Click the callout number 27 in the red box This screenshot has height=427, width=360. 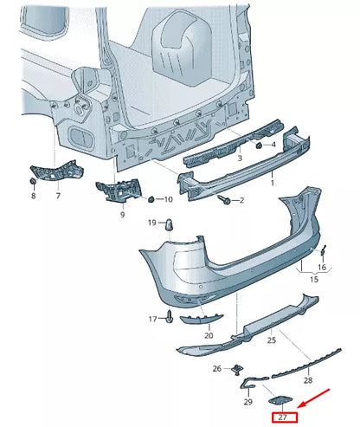click(x=283, y=417)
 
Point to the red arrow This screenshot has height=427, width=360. click(x=313, y=398)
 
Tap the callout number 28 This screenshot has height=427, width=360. click(x=308, y=380)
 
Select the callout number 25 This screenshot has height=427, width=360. click(x=272, y=340)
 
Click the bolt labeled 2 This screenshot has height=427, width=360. click(x=224, y=198)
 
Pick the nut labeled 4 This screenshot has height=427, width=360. click(x=259, y=146)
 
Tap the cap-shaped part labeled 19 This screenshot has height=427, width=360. click(x=170, y=224)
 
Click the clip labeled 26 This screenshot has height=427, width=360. click(x=237, y=369)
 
